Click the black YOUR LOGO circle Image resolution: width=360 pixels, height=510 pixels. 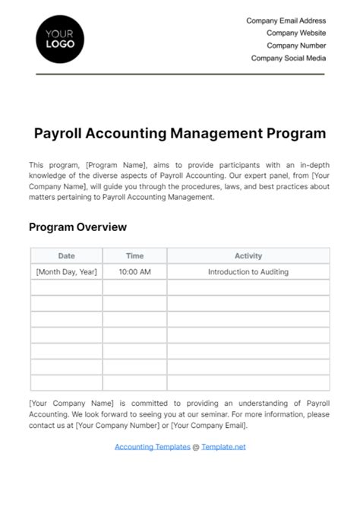[60, 39]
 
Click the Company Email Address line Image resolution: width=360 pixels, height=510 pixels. [286, 21]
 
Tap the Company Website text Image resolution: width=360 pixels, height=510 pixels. [296, 33]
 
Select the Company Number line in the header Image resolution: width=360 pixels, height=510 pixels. [297, 46]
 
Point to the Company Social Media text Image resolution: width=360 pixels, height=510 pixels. [289, 58]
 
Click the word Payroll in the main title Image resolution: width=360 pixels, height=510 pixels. [60, 133]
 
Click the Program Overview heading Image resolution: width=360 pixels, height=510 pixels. [77, 227]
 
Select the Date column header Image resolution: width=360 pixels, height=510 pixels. [66, 256]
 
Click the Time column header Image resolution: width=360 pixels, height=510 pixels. [134, 256]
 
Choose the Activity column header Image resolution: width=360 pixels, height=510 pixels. [248, 256]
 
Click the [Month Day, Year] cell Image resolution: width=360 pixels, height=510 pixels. [66, 271]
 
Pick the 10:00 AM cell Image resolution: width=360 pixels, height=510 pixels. [134, 271]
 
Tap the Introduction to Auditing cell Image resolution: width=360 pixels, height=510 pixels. [248, 271]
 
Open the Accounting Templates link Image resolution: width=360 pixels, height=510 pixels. [152, 447]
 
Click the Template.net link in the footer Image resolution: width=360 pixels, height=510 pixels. [223, 447]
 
